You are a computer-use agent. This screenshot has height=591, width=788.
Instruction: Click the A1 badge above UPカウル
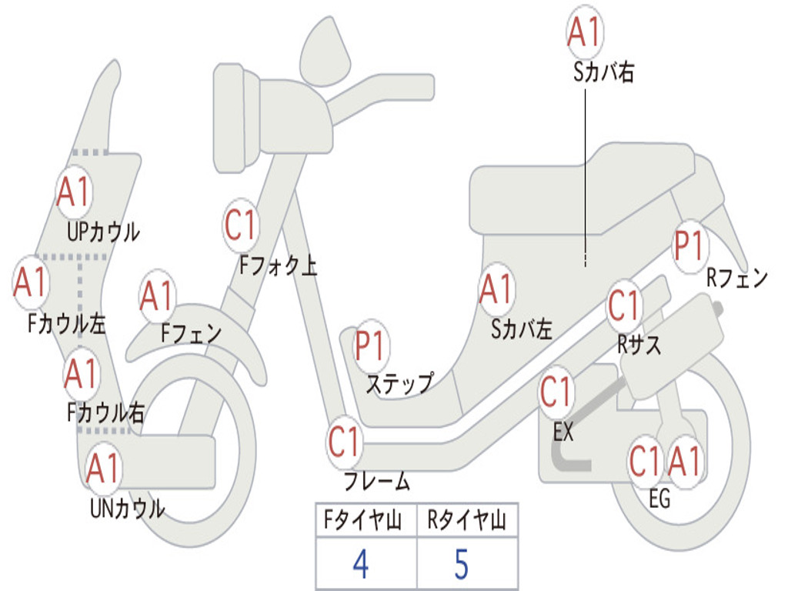click(74, 192)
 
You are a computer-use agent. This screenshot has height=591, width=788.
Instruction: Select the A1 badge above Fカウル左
click(32, 282)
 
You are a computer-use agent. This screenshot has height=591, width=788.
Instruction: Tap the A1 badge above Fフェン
click(158, 296)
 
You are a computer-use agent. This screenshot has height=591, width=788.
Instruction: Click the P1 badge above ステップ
click(372, 347)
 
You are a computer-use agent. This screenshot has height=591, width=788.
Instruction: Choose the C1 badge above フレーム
click(345, 442)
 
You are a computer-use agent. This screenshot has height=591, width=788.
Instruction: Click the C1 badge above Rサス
click(624, 306)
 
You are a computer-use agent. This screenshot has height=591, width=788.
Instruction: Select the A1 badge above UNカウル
click(103, 468)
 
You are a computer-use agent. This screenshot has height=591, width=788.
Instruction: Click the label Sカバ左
click(523, 329)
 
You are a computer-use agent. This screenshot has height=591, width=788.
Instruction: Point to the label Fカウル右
click(105, 413)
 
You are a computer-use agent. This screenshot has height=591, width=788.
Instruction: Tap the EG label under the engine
click(659, 499)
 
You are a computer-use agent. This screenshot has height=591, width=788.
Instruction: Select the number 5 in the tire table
click(461, 564)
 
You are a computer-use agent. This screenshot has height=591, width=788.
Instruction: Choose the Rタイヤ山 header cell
click(466, 521)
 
